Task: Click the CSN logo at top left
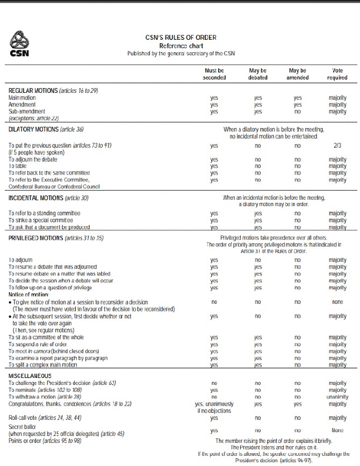20,44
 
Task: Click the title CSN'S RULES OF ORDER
181,38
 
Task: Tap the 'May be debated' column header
258,74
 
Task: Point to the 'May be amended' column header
298,74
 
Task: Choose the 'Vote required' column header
337,74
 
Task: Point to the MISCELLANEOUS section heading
30,376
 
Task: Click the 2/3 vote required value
337,145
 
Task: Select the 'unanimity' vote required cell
337,397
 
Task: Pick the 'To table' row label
19,166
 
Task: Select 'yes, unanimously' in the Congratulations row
214,404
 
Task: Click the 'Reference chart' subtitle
181,46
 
